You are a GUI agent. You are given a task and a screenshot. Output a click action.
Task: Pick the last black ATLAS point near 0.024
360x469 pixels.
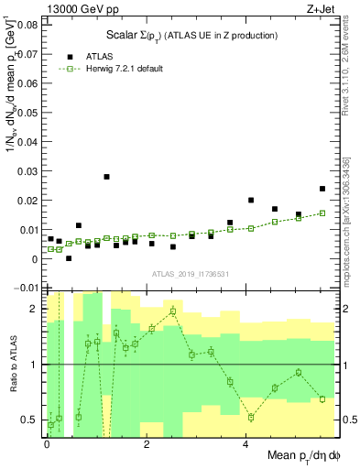coord(322,189)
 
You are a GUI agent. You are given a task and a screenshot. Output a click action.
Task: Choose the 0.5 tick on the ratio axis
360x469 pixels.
coord(31,420)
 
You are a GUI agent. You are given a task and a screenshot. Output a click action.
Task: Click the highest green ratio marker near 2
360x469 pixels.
coord(172,311)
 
